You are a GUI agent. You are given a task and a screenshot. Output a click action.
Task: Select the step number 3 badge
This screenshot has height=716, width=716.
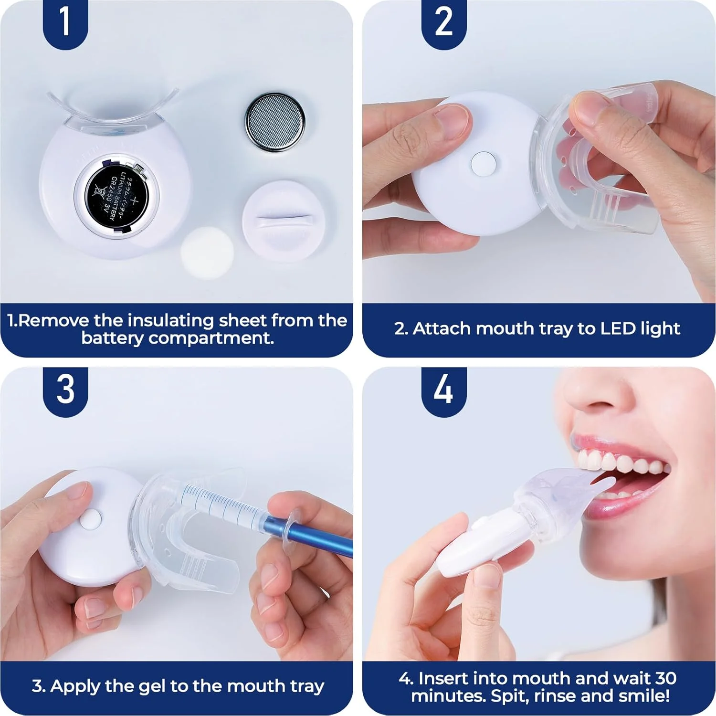65,390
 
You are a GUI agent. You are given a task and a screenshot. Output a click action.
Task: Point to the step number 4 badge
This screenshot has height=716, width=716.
443,390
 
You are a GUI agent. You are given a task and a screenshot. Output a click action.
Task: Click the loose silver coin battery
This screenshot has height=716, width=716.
275,122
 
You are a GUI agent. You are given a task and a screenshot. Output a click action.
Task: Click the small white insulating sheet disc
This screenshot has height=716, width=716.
207,252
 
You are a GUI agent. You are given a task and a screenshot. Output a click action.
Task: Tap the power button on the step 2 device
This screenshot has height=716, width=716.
483,163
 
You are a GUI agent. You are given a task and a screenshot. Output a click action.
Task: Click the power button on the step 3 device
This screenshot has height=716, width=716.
91,519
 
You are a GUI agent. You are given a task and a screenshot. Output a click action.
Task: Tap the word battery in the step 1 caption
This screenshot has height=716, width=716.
113,338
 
